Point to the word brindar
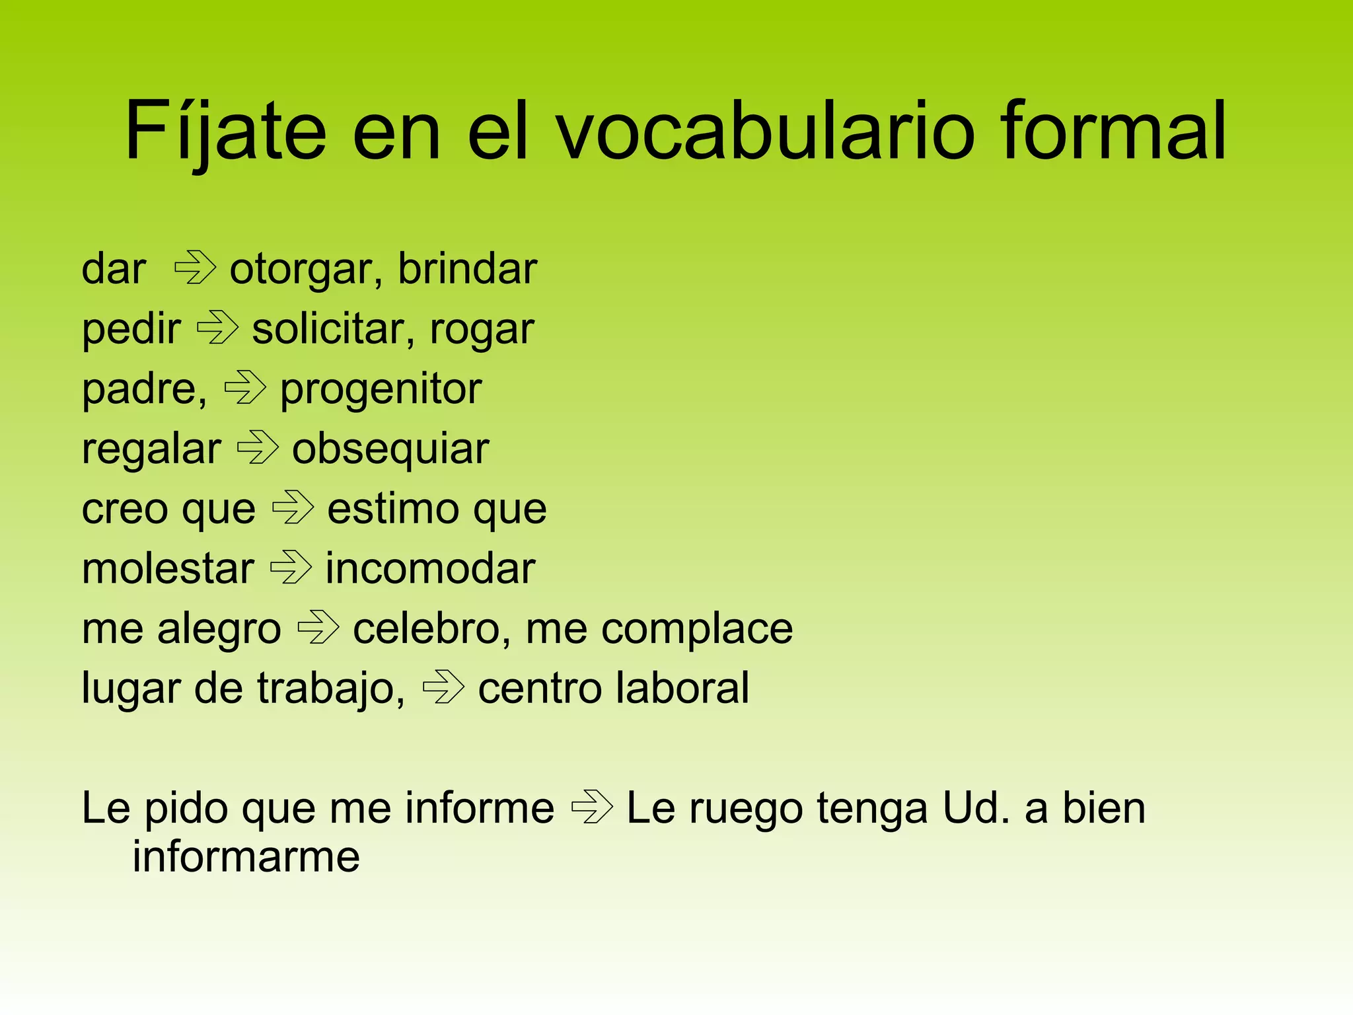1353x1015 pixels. (x=468, y=269)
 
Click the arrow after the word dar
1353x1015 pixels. (x=195, y=268)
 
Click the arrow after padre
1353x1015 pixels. (x=245, y=388)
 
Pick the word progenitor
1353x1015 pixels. (x=381, y=390)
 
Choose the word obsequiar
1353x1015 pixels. (x=390, y=450)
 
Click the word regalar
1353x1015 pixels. (x=151, y=450)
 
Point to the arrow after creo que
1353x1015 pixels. (x=293, y=508)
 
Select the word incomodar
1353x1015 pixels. (x=430, y=568)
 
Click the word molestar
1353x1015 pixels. (x=168, y=568)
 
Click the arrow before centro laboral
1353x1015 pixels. (x=443, y=687)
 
